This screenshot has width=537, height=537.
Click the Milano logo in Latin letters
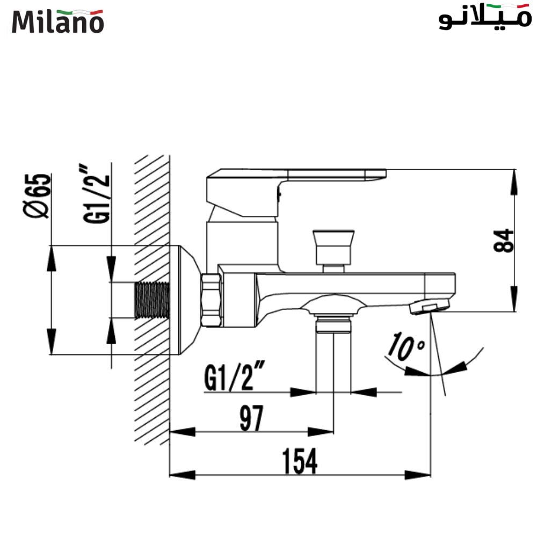coord(58,21)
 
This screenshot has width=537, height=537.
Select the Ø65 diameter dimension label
coord(39,195)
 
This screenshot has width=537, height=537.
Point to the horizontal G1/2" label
coord(235,379)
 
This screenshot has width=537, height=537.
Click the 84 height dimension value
coord(503,240)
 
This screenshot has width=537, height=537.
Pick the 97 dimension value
coord(251,419)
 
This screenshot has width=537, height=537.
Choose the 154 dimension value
coord(300,462)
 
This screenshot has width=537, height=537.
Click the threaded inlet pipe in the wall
coord(152,300)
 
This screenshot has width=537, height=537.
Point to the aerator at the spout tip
coord(429,307)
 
